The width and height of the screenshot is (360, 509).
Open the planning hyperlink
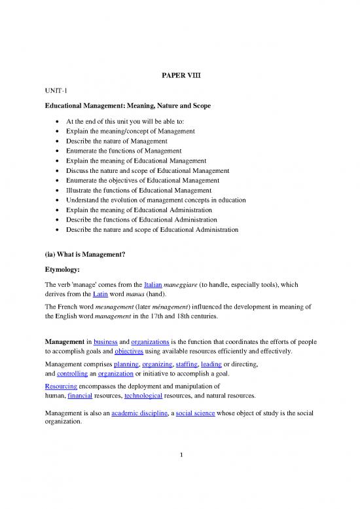[128, 366]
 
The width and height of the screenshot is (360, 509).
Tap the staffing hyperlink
[190, 366]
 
